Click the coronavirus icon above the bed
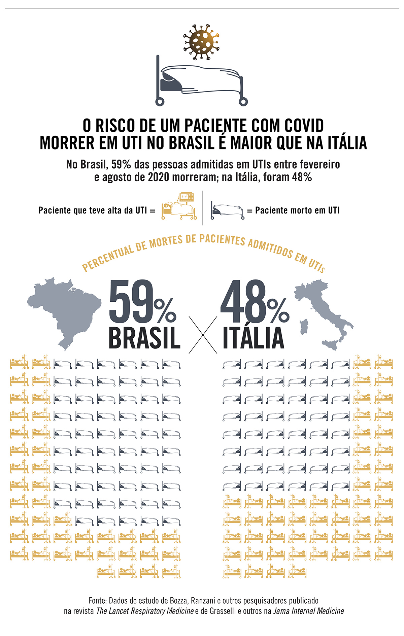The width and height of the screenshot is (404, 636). click(x=201, y=42)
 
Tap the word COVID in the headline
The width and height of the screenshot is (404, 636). click(x=304, y=126)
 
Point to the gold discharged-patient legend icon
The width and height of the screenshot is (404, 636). click(x=179, y=206)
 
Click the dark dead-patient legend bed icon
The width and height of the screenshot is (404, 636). click(x=227, y=210)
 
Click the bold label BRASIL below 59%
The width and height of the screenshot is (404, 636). click(x=144, y=338)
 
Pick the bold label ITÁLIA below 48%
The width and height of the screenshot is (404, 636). click(x=254, y=338)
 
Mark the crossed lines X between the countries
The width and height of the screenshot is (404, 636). click(x=203, y=335)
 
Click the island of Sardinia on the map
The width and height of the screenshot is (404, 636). click(x=304, y=327)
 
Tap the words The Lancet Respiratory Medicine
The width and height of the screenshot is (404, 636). click(x=145, y=611)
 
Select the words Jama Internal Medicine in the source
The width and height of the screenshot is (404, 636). click(x=308, y=611)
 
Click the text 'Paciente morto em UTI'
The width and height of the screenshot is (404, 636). click(x=297, y=210)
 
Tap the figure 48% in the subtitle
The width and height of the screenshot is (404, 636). click(x=302, y=177)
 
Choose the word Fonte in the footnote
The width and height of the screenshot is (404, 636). click(x=97, y=601)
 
